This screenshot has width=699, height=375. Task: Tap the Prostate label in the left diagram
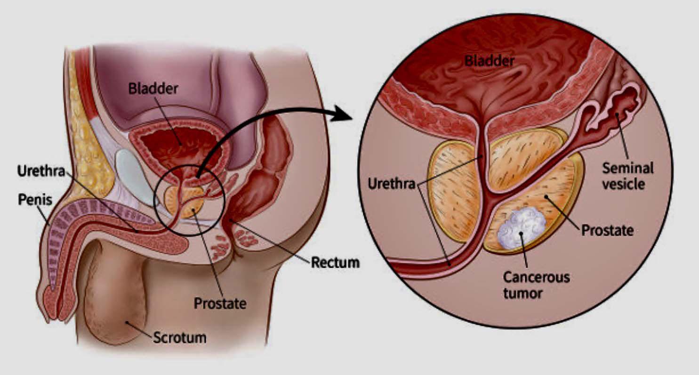click(220, 303)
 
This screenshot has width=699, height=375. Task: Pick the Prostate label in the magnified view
click(607, 231)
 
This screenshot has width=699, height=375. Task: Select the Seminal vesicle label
click(628, 175)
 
